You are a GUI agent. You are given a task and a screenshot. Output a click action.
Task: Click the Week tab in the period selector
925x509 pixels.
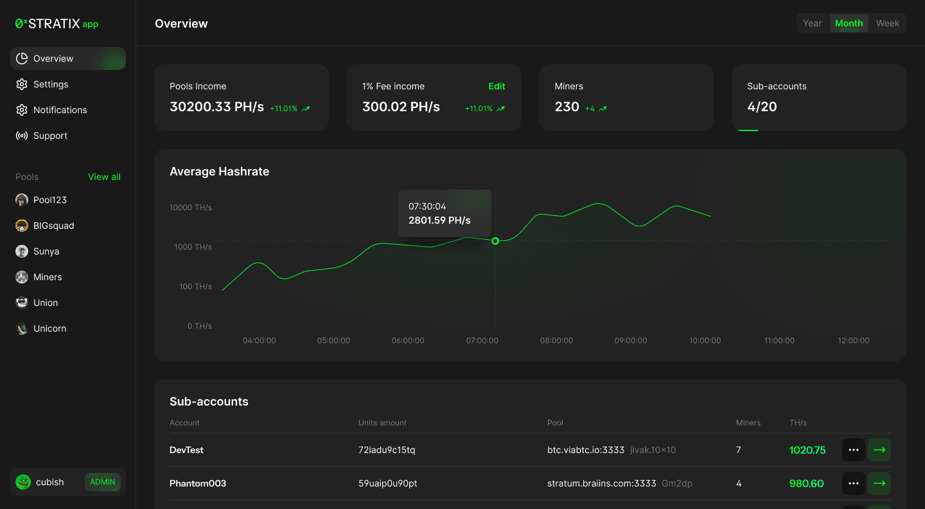click(x=887, y=23)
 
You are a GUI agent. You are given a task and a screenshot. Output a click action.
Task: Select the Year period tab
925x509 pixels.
click(x=812, y=23)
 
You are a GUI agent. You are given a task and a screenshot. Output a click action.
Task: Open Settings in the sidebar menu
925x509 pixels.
click(x=51, y=84)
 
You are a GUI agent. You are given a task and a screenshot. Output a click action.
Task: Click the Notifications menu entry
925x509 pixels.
click(x=60, y=110)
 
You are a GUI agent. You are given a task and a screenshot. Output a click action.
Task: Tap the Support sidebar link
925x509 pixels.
click(x=50, y=136)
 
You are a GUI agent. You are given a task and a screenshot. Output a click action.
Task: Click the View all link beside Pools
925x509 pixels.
click(x=104, y=177)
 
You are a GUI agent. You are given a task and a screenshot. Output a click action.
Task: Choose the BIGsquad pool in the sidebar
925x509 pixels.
click(x=53, y=226)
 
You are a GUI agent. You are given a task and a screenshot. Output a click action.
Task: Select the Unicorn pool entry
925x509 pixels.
click(x=49, y=328)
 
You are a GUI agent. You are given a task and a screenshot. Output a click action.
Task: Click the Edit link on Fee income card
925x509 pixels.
click(x=497, y=86)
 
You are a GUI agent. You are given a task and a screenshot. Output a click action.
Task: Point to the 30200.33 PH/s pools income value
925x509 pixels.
click(x=216, y=107)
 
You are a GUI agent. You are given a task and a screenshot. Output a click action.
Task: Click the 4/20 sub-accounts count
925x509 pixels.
click(x=762, y=107)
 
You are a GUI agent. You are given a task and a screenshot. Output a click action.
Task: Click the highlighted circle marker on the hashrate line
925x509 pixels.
click(x=495, y=241)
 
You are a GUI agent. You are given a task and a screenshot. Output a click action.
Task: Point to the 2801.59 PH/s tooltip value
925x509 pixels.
click(x=439, y=220)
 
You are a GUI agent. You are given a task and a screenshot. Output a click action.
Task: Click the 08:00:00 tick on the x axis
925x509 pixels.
click(x=556, y=341)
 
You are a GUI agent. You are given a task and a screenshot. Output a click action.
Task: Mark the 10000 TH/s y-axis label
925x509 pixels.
click(x=190, y=208)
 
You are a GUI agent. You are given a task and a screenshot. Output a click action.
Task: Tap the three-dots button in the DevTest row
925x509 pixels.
click(x=853, y=450)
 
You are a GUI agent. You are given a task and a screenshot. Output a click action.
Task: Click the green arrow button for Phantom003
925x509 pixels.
click(x=879, y=483)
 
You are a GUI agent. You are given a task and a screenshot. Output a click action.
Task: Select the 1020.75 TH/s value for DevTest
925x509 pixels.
click(x=807, y=450)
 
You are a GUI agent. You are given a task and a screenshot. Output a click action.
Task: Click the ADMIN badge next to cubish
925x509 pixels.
click(x=103, y=482)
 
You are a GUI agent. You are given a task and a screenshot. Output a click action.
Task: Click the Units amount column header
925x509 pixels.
click(x=382, y=423)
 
